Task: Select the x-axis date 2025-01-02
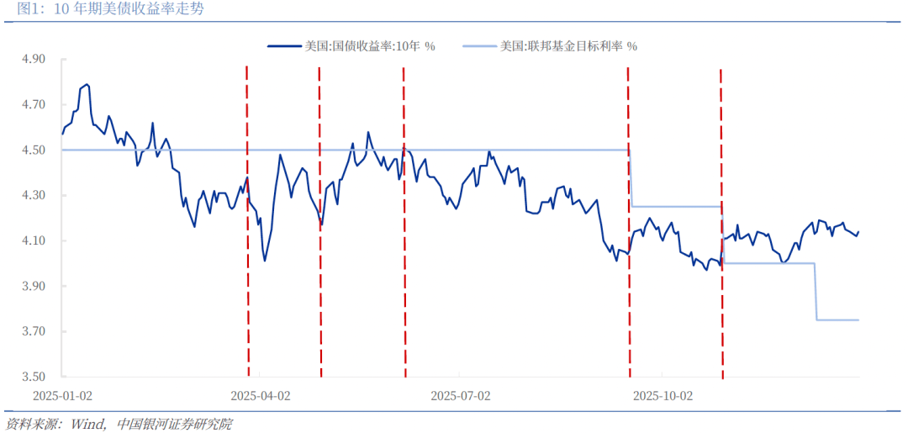62,395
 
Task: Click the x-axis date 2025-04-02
261,395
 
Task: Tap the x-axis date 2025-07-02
460,395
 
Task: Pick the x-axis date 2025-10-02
663,395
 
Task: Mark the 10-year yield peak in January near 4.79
87,84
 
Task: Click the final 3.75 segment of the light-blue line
837,319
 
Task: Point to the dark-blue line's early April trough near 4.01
265,261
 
